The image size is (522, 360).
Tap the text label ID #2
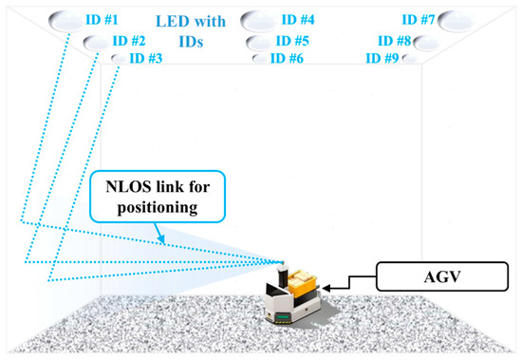coord(128,41)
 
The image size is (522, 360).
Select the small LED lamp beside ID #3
coord(118,59)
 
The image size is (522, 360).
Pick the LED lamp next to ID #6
coord(259,59)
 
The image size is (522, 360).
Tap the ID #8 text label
coord(393,42)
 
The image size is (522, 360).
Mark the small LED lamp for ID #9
coord(409,59)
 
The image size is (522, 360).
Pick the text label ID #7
coord(418,20)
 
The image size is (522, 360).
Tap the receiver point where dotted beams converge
coord(282,262)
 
